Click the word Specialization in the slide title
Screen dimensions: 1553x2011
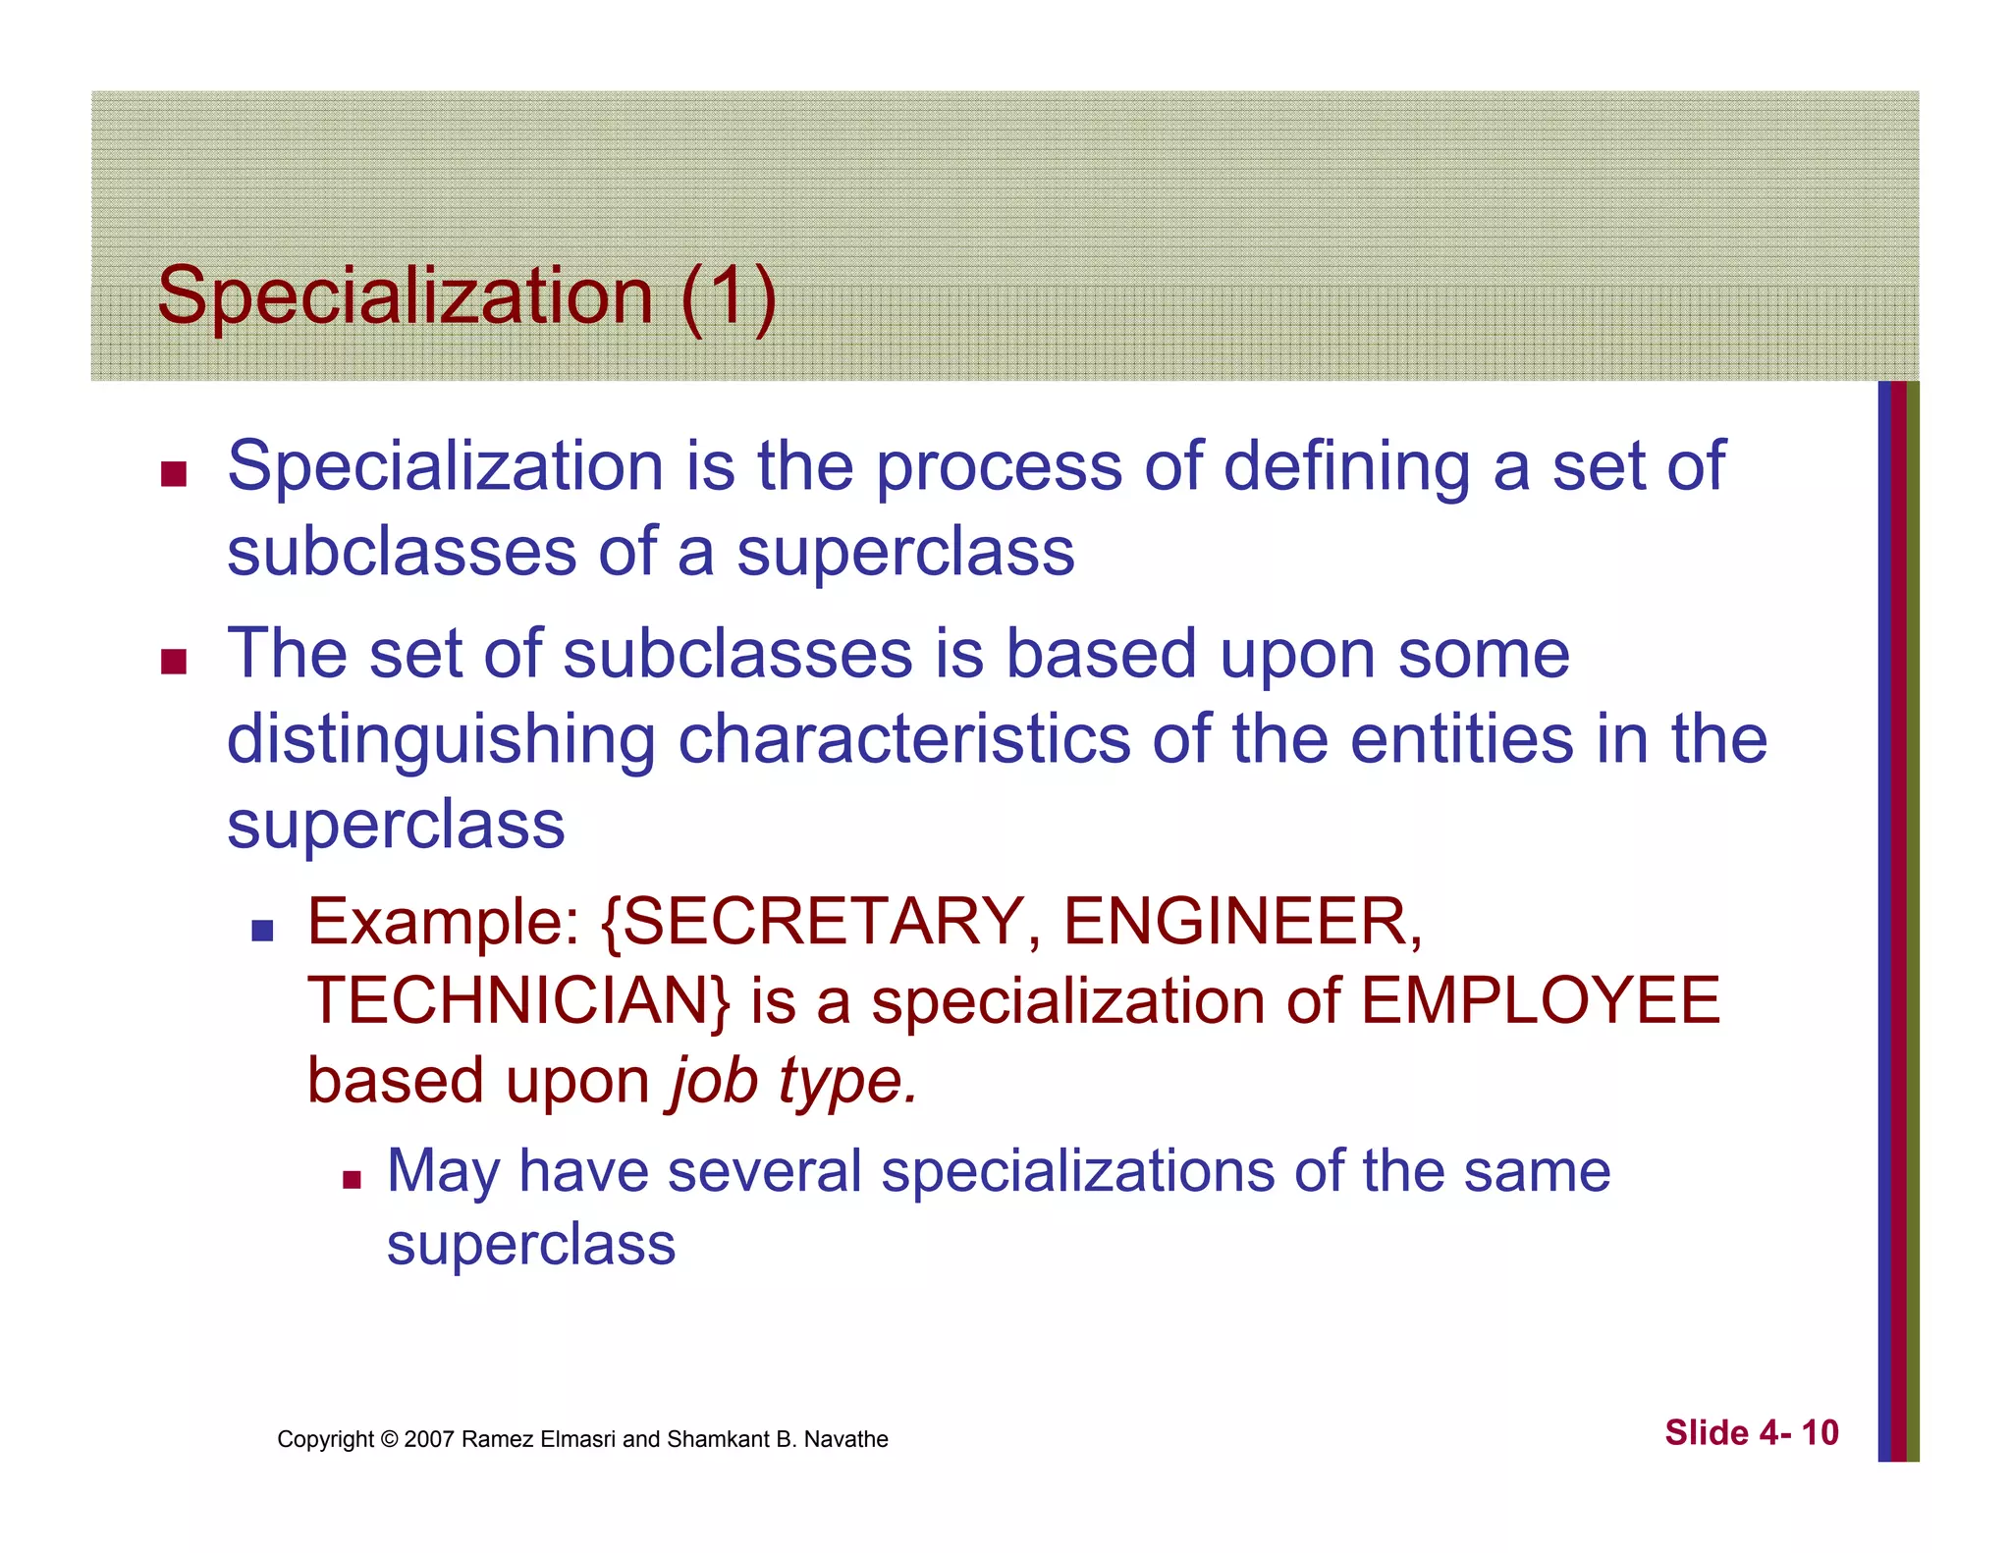[405, 296]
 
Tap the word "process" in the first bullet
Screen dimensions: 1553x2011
[998, 466]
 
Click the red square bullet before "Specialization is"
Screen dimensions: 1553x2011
[174, 474]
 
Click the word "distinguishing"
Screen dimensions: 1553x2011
[441, 740]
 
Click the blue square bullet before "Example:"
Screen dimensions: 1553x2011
[262, 929]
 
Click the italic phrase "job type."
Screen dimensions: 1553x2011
[792, 1082]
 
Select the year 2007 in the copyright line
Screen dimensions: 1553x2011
[428, 1439]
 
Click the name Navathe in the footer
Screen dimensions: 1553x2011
[845, 1439]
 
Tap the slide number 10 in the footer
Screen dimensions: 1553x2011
[1820, 1433]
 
